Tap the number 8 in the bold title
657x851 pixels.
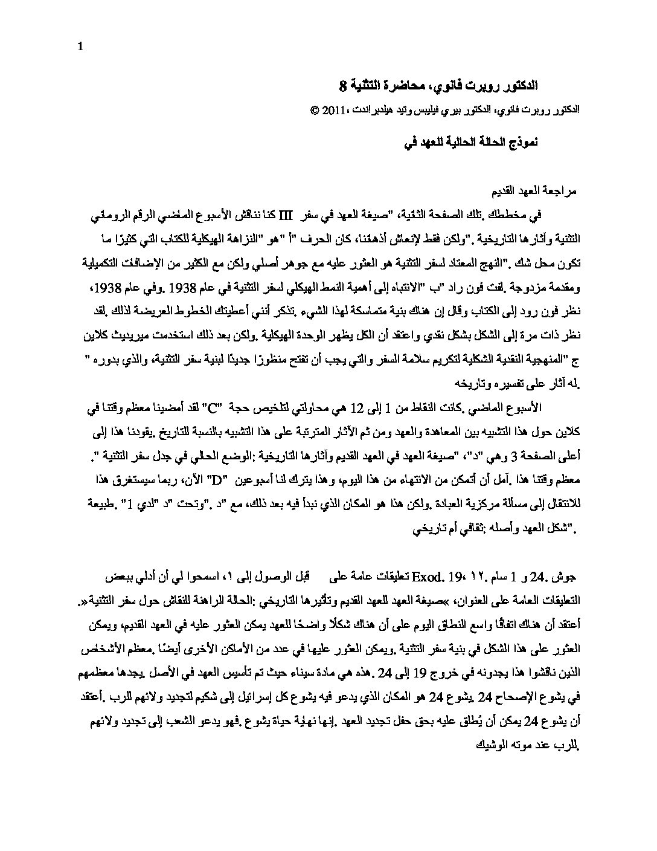coord(342,85)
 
